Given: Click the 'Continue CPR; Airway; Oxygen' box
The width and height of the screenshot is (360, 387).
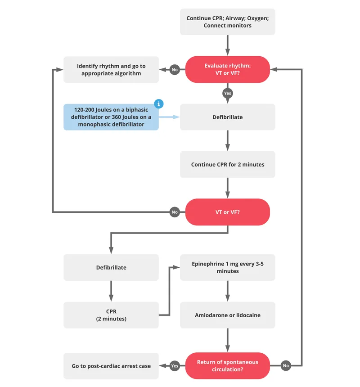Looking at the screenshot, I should [227, 22].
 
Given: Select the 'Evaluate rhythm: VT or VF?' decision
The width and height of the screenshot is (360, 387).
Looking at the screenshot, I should [227, 69].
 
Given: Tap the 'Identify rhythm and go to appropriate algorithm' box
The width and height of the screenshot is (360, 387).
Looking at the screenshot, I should [111, 69].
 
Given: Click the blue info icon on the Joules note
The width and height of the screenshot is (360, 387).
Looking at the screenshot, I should [158, 104].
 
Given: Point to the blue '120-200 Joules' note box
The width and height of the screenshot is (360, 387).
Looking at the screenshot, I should [111, 117].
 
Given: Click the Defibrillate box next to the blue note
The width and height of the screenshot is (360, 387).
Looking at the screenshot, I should [227, 117].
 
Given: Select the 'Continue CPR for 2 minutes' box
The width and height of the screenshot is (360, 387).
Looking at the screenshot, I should [227, 165].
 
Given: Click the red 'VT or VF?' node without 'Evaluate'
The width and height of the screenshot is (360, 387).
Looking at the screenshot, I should [227, 212].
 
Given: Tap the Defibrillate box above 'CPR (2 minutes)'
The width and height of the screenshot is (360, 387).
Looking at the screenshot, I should [111, 267].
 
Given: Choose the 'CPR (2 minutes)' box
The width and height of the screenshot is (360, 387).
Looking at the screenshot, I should [111, 315].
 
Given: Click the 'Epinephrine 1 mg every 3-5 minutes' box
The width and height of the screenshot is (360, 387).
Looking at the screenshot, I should [227, 267].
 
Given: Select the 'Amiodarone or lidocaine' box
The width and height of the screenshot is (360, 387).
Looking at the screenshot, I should [227, 315].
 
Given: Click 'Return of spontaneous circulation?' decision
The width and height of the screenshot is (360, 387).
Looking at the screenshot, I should [227, 365].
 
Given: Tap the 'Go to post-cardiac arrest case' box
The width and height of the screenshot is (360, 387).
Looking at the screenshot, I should [111, 366].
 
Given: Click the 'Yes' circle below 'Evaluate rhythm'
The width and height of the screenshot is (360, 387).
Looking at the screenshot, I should [227, 93].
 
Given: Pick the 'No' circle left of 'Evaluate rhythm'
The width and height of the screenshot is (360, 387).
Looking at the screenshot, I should [175, 70].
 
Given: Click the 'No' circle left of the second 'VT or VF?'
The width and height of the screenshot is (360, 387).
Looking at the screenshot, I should [175, 212].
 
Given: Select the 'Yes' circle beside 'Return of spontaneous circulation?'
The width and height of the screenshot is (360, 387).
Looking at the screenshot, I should [175, 366].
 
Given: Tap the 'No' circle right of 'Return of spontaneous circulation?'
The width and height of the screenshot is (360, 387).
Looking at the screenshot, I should [285, 366].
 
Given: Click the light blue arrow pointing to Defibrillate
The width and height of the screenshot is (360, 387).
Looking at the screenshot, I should [169, 117].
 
